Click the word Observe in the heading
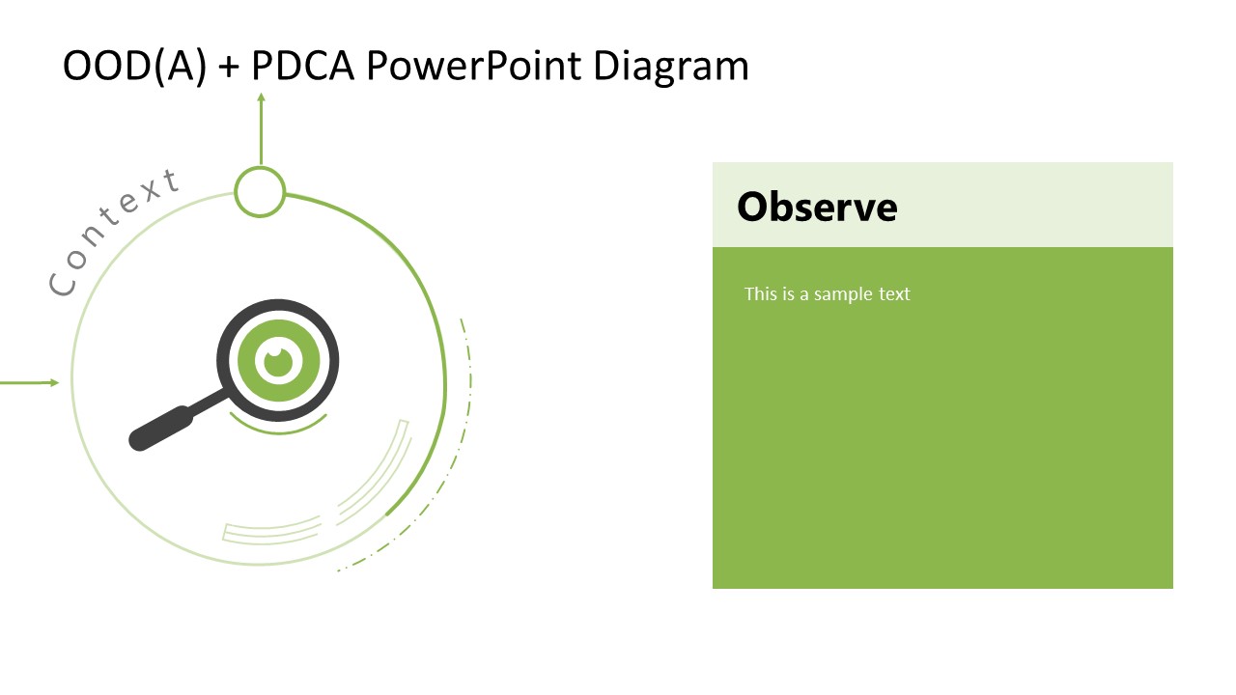tap(817, 207)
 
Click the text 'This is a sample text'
tap(827, 293)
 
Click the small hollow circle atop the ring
tap(260, 191)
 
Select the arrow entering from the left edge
tap(29, 382)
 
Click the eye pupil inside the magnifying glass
tap(278, 361)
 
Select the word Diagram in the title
tap(670, 67)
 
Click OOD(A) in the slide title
tap(134, 67)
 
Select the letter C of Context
tap(63, 284)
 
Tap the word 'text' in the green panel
tap(893, 293)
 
